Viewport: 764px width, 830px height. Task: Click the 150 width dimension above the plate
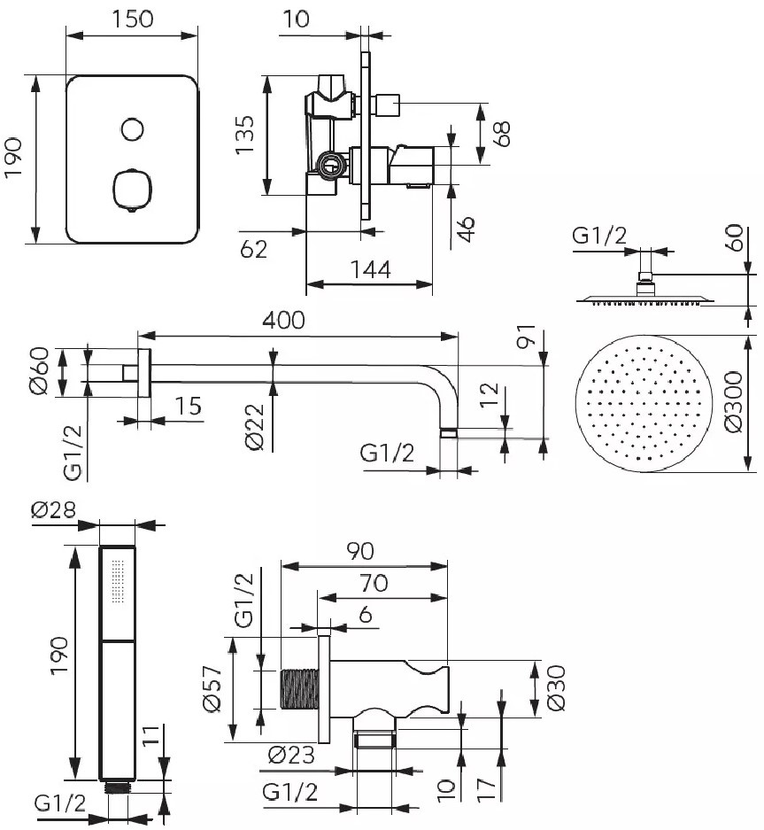[132, 19]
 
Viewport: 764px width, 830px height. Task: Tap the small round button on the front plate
[132, 129]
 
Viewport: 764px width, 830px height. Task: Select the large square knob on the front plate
[132, 190]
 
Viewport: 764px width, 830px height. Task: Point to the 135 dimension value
[245, 135]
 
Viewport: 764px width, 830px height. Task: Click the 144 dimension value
[371, 269]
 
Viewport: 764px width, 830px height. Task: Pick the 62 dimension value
[254, 249]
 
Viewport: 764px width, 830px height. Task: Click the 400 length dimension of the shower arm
[284, 321]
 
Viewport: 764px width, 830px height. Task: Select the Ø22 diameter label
[255, 427]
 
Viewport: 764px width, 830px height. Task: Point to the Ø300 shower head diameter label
[734, 402]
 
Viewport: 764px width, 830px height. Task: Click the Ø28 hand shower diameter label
[53, 509]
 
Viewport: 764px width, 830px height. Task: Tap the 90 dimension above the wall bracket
[360, 551]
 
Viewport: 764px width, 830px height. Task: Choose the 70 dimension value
[374, 584]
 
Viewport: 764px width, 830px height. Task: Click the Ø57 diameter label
[212, 688]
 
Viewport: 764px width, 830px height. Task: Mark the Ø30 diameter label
[556, 688]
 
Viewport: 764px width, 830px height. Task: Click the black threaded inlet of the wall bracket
[299, 688]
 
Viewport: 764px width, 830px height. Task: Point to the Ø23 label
[291, 755]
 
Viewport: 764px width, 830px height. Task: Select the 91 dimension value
[527, 336]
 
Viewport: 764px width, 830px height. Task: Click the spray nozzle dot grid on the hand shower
[118, 581]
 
